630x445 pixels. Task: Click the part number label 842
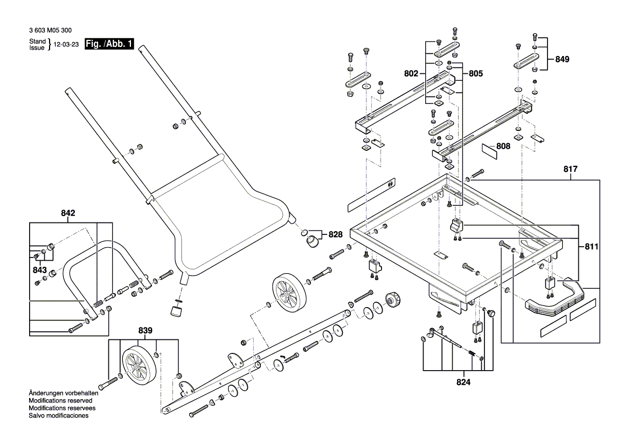pyautogui.click(x=68, y=213)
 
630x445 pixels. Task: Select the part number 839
pyautogui.click(x=145, y=330)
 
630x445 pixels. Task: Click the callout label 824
pyautogui.click(x=463, y=383)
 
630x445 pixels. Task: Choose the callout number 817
pyautogui.click(x=571, y=169)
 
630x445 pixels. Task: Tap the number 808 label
pyautogui.click(x=503, y=146)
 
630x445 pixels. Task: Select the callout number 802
pyautogui.click(x=412, y=73)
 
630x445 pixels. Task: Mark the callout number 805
pyautogui.click(x=476, y=73)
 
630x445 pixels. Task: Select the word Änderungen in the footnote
pyautogui.click(x=47, y=393)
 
